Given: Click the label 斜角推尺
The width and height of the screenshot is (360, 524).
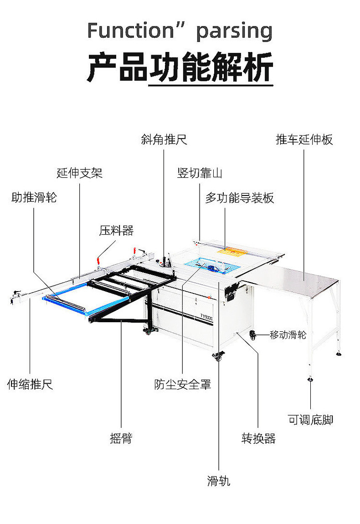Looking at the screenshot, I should [x=164, y=139].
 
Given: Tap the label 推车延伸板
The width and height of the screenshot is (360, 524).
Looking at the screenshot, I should [x=304, y=139].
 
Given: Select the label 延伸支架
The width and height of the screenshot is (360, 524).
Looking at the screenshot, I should [x=80, y=173].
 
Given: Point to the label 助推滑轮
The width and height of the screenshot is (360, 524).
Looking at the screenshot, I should [x=34, y=198].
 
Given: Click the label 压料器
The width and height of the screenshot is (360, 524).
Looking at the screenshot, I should [x=116, y=231].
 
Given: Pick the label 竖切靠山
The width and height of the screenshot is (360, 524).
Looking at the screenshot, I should [x=200, y=173].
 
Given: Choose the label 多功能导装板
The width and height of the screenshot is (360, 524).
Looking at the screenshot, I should [x=239, y=198].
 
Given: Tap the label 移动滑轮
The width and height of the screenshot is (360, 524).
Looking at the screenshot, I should [x=288, y=335].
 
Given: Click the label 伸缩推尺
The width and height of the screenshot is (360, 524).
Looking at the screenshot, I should [x=30, y=384].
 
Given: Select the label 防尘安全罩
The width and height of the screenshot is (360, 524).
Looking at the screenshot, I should [x=182, y=384].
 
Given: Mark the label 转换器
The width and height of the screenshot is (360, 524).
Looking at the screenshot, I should [x=258, y=438].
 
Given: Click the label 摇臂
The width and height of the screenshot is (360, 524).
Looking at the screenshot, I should [x=121, y=438].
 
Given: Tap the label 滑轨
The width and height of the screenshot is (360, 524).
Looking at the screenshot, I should [x=219, y=481].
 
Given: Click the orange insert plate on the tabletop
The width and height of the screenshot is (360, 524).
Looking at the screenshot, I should [x=233, y=251].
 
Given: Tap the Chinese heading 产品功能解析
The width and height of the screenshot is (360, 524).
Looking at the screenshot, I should [x=180, y=67].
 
